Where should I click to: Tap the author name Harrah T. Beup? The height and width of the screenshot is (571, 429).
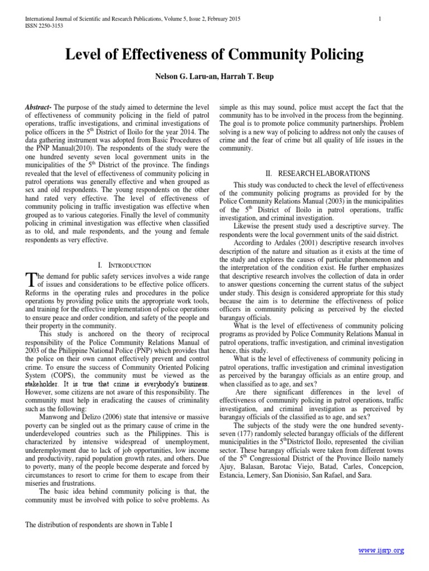(249, 76)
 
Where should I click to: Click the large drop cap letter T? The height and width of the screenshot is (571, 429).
(30, 279)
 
